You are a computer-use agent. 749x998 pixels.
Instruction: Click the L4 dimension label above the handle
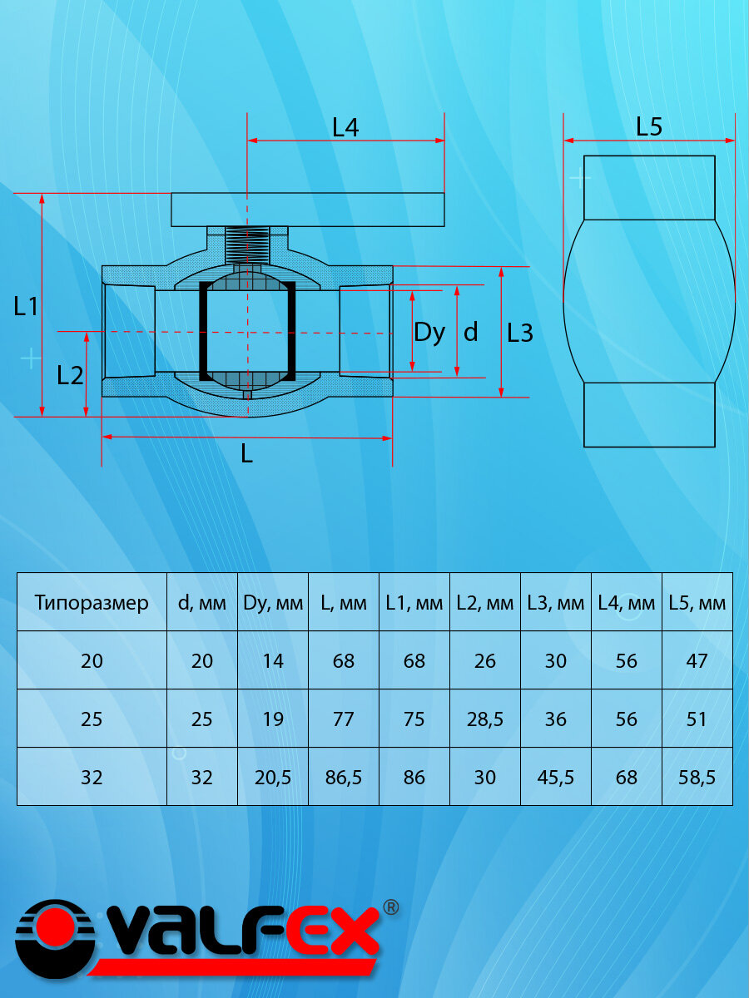coord(345,127)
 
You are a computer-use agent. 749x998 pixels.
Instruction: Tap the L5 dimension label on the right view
coord(649,126)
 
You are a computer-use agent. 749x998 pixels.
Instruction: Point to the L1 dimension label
coord(26,306)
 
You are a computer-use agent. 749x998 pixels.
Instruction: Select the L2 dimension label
coord(70,376)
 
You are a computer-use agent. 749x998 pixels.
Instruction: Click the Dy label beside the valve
coord(429,333)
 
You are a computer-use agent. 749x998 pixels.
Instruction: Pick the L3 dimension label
coord(520,333)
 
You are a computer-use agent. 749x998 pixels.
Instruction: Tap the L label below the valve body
coord(246,453)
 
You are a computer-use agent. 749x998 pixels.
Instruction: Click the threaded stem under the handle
coord(247,245)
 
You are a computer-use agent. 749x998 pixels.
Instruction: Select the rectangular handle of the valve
coord(308,210)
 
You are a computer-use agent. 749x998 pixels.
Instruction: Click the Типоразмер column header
coord(92,603)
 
